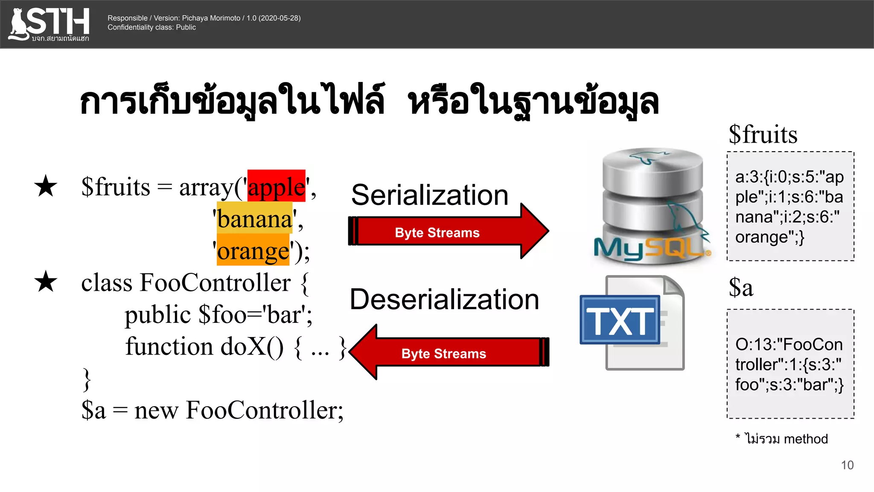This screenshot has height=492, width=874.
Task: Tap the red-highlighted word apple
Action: [277, 187]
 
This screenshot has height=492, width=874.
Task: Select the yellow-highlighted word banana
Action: [255, 219]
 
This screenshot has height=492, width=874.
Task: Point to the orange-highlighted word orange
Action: [253, 251]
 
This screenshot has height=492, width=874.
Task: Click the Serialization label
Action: [430, 195]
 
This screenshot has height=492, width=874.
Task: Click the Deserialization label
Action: [444, 299]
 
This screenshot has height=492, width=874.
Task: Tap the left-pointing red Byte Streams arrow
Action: [448, 353]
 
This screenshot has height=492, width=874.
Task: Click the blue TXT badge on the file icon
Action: [620, 320]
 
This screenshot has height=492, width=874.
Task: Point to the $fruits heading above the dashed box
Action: [763, 135]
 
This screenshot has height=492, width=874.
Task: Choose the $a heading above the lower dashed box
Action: [741, 287]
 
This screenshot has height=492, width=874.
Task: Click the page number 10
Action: [847, 465]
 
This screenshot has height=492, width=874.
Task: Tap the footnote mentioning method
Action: [782, 439]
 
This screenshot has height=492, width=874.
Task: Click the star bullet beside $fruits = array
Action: [46, 187]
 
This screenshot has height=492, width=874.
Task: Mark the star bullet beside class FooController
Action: [46, 282]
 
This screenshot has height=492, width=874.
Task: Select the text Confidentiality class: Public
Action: [151, 27]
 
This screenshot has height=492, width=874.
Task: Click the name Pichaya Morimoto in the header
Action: [211, 18]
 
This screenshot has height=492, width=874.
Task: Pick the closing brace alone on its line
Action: [87, 379]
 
